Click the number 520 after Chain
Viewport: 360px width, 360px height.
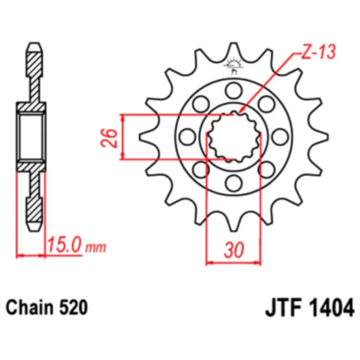[x=73, y=307]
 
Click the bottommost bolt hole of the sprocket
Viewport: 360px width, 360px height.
[x=233, y=182]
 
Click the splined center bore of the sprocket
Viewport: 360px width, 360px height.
[x=233, y=136]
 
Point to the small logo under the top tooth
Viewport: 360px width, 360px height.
[x=233, y=65]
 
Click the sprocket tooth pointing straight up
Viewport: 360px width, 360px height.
[x=233, y=50]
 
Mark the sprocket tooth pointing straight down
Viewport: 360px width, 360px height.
[x=233, y=223]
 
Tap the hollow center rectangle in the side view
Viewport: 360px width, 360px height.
[x=33, y=136]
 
